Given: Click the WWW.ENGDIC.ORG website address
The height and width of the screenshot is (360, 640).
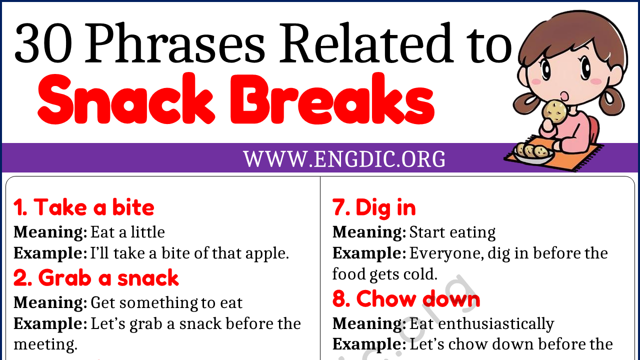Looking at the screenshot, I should pyautogui.click(x=344, y=159).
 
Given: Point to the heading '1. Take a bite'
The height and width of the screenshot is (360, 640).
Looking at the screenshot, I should pyautogui.click(x=84, y=207).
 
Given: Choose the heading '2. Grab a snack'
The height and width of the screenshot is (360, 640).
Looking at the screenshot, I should pyautogui.click(x=96, y=278).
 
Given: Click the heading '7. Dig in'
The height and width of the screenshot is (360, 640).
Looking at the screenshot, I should pyautogui.click(x=374, y=207).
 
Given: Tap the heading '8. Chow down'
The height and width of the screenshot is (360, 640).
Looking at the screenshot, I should pyautogui.click(x=406, y=299).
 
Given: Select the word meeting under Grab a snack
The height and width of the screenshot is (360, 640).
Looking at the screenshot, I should pyautogui.click(x=45, y=344).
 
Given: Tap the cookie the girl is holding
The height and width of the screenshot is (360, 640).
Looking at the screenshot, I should pyautogui.click(x=555, y=111).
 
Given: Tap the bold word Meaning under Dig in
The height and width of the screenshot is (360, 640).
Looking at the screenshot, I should pyautogui.click(x=369, y=232).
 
